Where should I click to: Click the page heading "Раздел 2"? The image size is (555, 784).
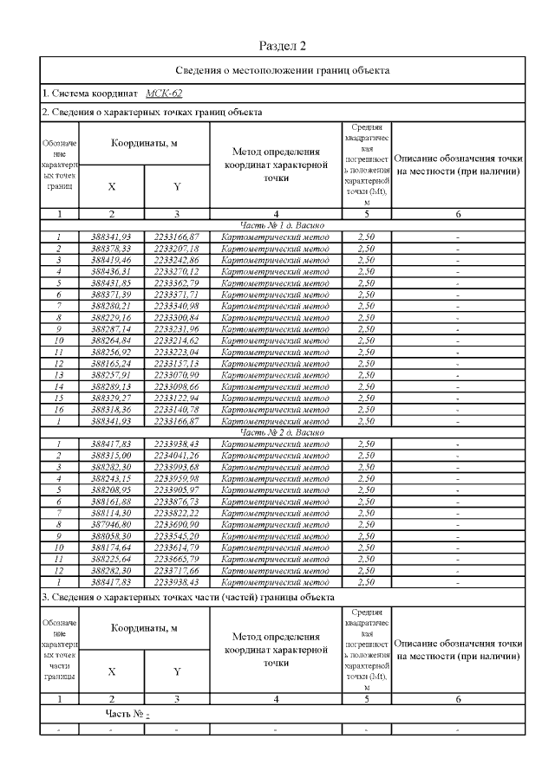coord(283,45)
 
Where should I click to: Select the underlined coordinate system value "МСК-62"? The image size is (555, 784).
coord(164,94)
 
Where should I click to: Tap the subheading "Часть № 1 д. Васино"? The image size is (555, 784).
coord(281,225)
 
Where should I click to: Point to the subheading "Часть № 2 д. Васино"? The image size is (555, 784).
coord(281,431)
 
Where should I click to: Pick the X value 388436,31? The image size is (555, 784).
coord(111,270)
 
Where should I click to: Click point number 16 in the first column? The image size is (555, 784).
coord(57,409)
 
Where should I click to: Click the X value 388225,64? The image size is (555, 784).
coord(111,560)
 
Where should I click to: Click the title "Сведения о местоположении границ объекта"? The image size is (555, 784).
coord(281,70)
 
